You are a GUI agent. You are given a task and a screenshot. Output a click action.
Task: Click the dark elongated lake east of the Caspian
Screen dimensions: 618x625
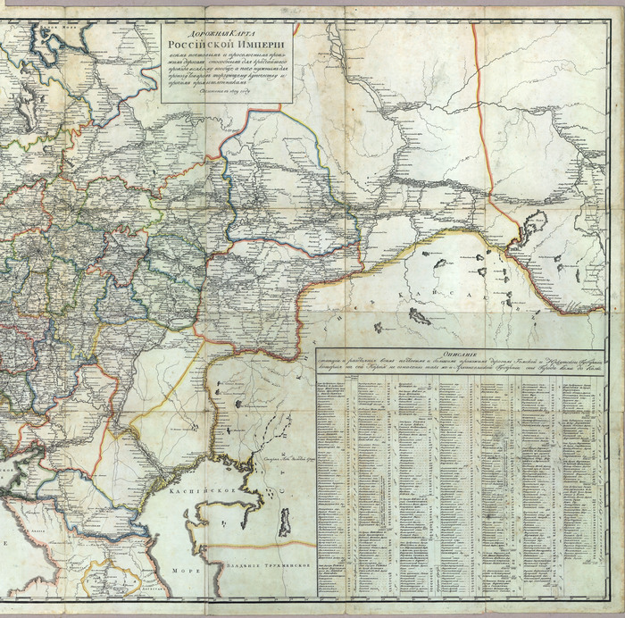284,521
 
